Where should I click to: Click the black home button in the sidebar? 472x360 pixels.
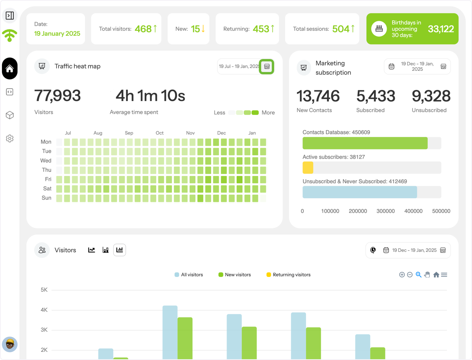10,68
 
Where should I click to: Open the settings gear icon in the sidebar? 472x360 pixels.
10,138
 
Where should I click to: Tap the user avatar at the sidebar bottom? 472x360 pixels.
10,344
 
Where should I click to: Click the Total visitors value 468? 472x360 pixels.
143,29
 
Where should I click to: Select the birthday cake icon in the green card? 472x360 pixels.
379,29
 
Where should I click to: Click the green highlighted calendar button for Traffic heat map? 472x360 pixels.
267,66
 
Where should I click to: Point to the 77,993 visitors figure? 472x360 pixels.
57,96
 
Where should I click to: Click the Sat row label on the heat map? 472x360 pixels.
47,188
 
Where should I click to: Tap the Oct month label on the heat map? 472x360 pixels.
160,133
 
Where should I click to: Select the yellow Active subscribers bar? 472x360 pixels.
308,168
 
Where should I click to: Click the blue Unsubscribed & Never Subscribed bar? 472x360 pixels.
360,192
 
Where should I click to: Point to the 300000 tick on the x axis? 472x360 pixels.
385,211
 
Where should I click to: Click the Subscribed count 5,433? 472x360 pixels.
376,96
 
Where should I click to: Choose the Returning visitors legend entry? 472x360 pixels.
288,275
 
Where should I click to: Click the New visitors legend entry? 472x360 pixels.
234,275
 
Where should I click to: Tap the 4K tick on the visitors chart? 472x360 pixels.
44,310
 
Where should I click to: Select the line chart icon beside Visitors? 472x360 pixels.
91,250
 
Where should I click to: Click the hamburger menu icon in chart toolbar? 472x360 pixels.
444,275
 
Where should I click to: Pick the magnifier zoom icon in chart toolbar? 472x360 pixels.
419,275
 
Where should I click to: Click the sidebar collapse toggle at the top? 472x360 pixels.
10,15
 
